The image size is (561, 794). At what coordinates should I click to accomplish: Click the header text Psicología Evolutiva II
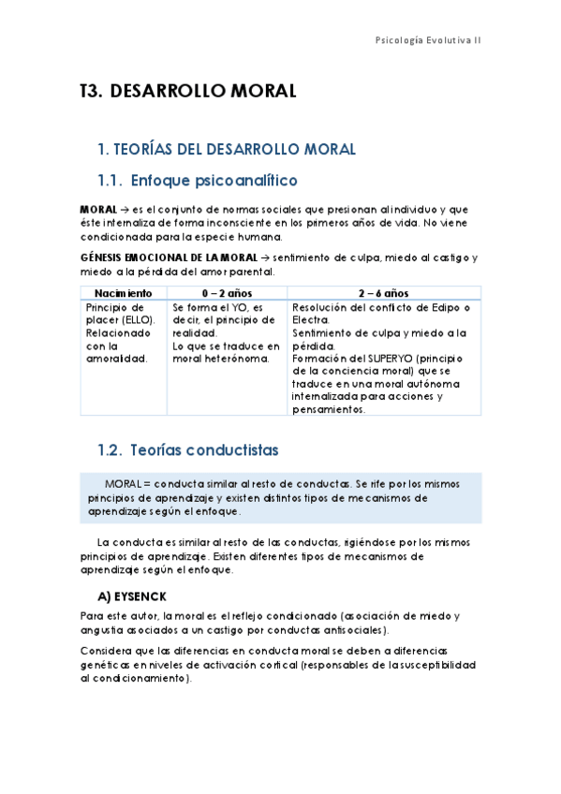[x=427, y=40]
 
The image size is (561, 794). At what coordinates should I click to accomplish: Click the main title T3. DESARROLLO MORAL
[x=187, y=91]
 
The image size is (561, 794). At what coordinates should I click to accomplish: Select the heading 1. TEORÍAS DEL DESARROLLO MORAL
[x=227, y=149]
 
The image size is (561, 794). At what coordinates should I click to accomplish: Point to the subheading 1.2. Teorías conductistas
[x=187, y=450]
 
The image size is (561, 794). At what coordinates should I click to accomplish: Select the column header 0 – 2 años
[x=228, y=293]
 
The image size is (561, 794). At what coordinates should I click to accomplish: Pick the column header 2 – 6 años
[x=383, y=293]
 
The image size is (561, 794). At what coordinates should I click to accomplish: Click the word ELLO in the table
[x=136, y=320]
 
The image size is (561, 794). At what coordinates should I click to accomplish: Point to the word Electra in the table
[x=310, y=320]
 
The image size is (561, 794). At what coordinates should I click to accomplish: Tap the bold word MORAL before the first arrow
[x=98, y=208]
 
